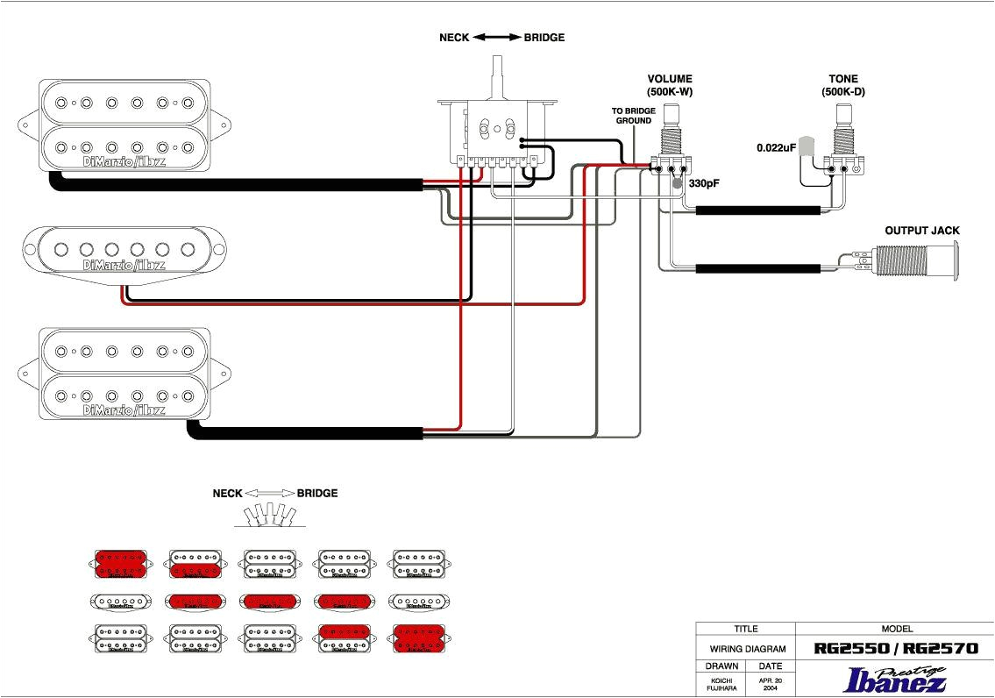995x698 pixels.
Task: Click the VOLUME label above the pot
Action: click(670, 79)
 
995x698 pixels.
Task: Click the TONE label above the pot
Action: click(843, 79)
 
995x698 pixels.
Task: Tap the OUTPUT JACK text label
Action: click(921, 231)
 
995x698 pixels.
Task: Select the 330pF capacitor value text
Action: click(703, 184)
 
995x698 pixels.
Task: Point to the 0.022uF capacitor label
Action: click(776, 148)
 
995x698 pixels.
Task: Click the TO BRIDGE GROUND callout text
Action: click(632, 116)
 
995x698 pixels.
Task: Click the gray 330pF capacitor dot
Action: click(678, 184)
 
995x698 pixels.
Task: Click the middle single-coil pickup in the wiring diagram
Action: click(124, 250)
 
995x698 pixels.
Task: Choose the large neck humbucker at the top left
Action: click(124, 125)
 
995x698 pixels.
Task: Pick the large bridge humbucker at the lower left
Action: click(124, 374)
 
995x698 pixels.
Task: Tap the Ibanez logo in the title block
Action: click(894, 680)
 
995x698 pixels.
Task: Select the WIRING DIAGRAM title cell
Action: click(745, 650)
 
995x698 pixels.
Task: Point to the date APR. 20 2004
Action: click(771, 683)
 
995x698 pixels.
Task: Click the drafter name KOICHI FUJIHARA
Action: click(721, 683)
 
